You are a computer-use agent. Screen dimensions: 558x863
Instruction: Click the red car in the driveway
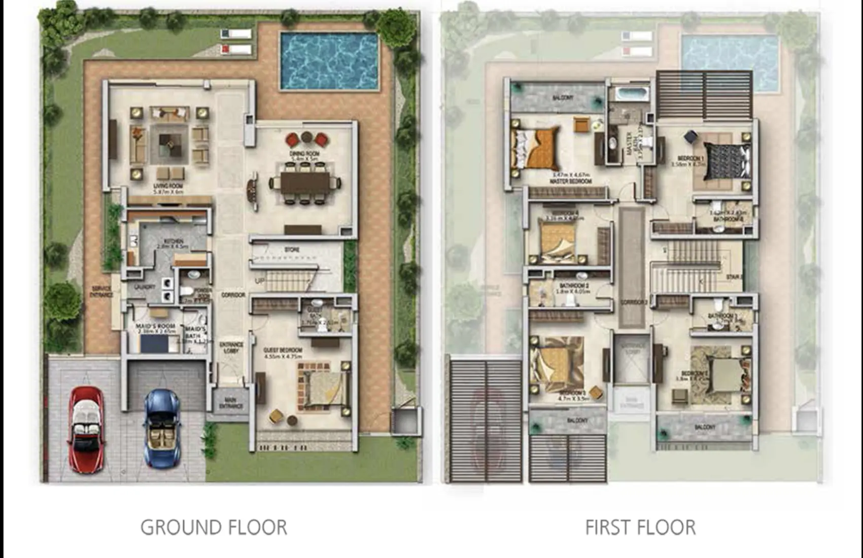pos(86,429)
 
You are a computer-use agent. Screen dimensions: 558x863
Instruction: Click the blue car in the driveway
pos(162,427)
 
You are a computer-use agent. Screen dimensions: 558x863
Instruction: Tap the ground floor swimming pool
pos(329,60)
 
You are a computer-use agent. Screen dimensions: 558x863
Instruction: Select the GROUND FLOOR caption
pos(214,528)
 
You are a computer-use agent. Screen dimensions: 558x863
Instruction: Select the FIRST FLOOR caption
pos(640,528)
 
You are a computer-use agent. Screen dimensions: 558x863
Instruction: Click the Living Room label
pos(168,186)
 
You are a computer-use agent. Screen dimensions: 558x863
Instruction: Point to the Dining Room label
pos(304,154)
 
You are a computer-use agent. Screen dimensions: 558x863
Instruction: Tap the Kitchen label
pos(174,241)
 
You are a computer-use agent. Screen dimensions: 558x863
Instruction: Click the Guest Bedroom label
pos(283,351)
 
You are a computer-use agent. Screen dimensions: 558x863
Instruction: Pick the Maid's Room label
pos(155,326)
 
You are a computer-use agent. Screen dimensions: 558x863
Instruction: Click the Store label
pos(291,250)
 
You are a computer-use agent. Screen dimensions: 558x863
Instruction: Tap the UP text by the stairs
pos(260,281)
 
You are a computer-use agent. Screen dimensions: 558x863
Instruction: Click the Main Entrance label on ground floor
pos(231,403)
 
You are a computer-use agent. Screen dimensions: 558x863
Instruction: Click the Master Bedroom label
pos(571,181)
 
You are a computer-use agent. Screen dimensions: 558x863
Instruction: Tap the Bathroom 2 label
pos(571,287)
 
